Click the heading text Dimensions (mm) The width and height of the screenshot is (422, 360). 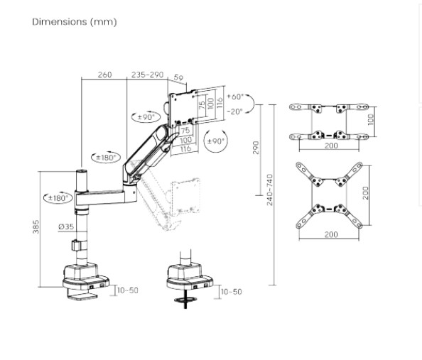[x=74, y=21]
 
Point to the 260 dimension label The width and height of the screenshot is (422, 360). [x=104, y=75]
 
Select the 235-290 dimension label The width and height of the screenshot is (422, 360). [x=147, y=75]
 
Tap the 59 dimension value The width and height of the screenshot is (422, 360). [x=178, y=79]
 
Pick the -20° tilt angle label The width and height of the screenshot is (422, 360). [x=235, y=111]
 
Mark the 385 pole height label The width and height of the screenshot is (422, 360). [x=36, y=227]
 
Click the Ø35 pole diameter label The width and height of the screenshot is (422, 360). [x=65, y=227]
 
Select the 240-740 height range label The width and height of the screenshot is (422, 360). [x=270, y=190]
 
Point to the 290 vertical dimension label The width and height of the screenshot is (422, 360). [x=256, y=147]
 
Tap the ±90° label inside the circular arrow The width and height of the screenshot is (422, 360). [x=215, y=141]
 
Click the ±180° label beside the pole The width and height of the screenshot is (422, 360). [x=58, y=198]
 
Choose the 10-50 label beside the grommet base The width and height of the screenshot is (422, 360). [x=231, y=291]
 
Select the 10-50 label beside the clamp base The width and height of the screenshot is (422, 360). [x=128, y=290]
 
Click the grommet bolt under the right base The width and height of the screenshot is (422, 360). [x=185, y=299]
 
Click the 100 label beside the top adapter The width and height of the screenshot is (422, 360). [x=371, y=119]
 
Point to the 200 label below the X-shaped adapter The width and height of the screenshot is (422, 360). [x=331, y=234]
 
